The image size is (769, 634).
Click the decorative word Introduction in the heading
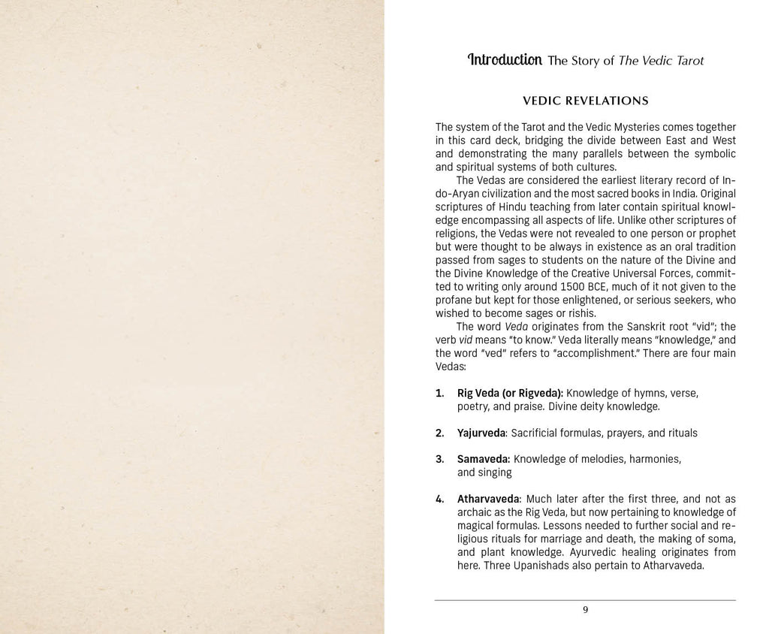(505, 59)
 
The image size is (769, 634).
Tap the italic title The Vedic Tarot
(661, 61)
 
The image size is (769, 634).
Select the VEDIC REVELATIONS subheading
(585, 101)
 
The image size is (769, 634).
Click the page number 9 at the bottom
(585, 609)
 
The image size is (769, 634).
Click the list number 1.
(439, 393)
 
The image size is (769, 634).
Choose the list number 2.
(439, 433)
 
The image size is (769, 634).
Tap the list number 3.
(439, 459)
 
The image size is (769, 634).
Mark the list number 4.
(439, 499)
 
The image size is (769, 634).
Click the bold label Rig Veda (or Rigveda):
(510, 393)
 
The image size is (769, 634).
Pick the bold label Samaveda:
(484, 459)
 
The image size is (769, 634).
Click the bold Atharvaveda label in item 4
(488, 499)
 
